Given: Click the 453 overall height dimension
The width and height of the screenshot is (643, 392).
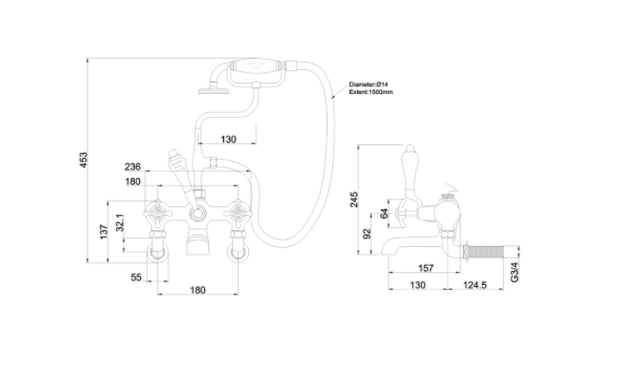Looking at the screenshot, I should [x=84, y=160].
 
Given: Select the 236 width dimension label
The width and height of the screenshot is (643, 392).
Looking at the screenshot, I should [x=132, y=167].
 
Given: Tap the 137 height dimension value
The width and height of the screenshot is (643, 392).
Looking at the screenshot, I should [x=103, y=231].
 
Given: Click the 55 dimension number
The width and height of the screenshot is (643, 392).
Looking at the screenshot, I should [x=136, y=276].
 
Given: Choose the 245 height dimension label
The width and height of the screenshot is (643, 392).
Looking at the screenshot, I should [x=353, y=200].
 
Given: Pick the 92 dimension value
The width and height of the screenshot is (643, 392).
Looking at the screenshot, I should [x=366, y=234].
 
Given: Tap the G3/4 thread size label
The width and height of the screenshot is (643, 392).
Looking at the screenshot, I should [x=515, y=273].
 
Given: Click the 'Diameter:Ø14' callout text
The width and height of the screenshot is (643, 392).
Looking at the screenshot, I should [x=371, y=84].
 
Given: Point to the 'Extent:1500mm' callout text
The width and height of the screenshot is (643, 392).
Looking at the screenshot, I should [x=371, y=92].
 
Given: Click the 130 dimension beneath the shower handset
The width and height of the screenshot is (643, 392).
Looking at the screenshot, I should [x=228, y=139].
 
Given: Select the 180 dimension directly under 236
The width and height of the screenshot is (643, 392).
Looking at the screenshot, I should [x=132, y=181].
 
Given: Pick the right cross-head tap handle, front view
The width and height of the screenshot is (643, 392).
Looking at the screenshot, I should [x=237, y=212].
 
